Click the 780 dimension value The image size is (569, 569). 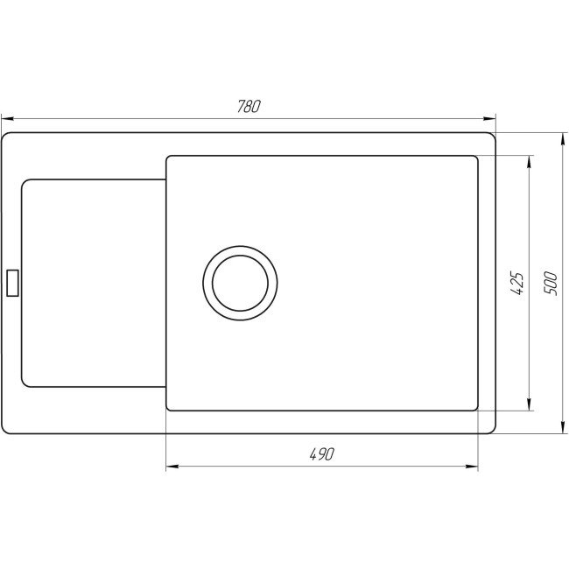coord(249,107)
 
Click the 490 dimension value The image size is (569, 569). coord(322,453)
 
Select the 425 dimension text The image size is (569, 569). coord(517,283)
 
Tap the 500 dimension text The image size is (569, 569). coord(551,283)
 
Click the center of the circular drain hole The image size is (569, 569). coord(240,283)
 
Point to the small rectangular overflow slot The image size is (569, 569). coord(12,283)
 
